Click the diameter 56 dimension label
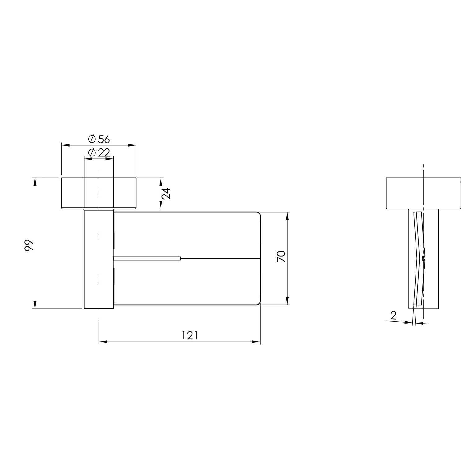tap(99, 139)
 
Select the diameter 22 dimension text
tap(99, 152)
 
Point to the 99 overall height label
tap(29, 245)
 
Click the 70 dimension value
tap(281, 257)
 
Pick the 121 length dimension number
tap(190, 335)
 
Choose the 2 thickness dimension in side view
tap(393, 315)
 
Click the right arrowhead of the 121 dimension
tap(256, 342)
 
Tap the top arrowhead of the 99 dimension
tap(35, 182)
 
